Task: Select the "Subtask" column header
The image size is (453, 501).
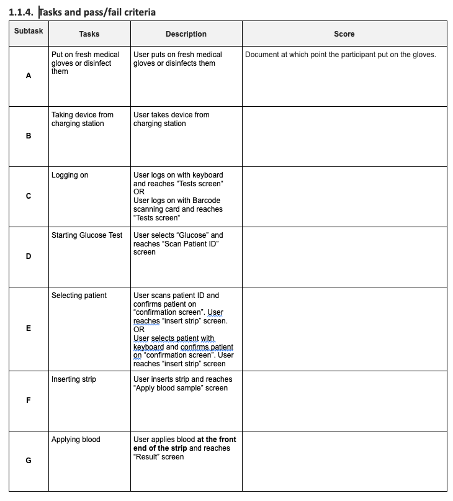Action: click(29, 30)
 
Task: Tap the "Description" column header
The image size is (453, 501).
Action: click(186, 34)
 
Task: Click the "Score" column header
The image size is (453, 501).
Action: click(344, 34)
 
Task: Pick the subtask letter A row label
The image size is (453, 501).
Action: click(29, 76)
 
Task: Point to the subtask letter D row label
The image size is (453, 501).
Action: click(29, 256)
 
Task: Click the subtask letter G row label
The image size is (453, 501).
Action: click(29, 461)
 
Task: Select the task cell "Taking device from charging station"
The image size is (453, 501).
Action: click(82, 119)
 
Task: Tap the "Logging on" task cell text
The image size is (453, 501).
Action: click(70, 175)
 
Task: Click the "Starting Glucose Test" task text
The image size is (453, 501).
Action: click(87, 235)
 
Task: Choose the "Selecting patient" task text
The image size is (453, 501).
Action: click(79, 296)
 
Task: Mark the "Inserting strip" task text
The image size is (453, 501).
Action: click(73, 379)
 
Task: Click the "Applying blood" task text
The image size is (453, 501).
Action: click(76, 440)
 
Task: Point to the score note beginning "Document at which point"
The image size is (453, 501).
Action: click(340, 55)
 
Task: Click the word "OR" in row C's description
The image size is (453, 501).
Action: click(139, 192)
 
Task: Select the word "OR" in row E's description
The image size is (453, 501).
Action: click(139, 330)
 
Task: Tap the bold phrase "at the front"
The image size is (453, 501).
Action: click(217, 440)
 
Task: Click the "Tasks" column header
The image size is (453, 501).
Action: click(89, 34)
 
